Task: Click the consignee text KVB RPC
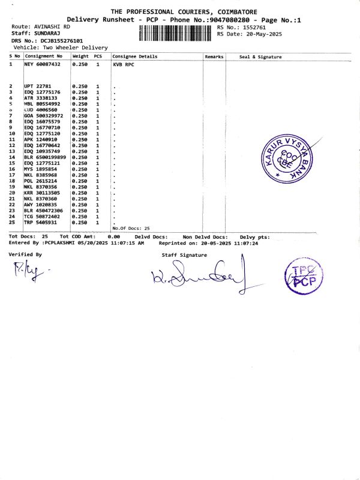click(x=122, y=64)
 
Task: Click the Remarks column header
click(x=214, y=56)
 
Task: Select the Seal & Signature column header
click(x=260, y=57)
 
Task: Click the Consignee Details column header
click(x=134, y=56)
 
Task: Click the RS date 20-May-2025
click(x=259, y=34)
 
